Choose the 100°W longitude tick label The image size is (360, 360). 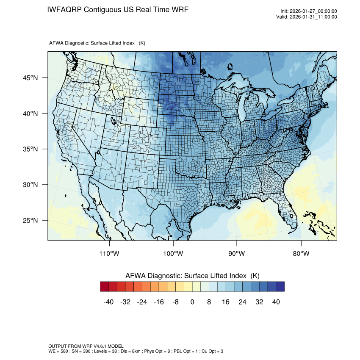click(173, 254)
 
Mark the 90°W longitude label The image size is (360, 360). click(237, 254)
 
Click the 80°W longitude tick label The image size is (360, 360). click(301, 254)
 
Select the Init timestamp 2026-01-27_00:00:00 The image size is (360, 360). click(313, 11)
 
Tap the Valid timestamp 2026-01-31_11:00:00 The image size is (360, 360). click(313, 17)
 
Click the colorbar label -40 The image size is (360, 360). click(109, 302)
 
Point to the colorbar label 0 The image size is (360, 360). click(192, 302)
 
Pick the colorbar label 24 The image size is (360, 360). click(242, 302)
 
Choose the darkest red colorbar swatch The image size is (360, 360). click(105, 287)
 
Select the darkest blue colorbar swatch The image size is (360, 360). click(280, 287)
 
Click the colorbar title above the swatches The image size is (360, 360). click(192, 276)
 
